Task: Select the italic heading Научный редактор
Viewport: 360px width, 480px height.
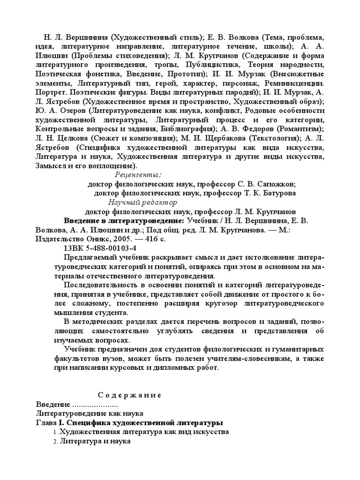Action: point(143,202)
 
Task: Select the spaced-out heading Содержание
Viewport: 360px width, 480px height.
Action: point(130,395)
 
